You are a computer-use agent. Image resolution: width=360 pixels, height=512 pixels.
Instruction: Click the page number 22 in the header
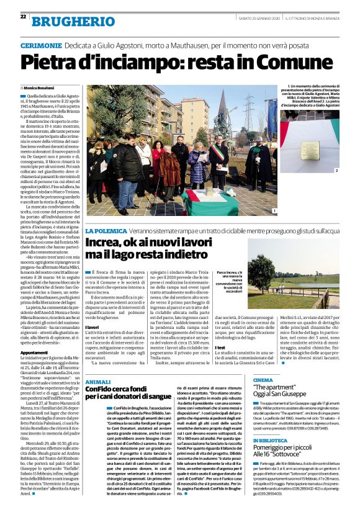(23, 16)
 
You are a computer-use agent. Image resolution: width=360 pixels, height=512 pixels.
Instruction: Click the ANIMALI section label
(97, 382)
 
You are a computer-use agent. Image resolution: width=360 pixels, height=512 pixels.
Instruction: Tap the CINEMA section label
(263, 379)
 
